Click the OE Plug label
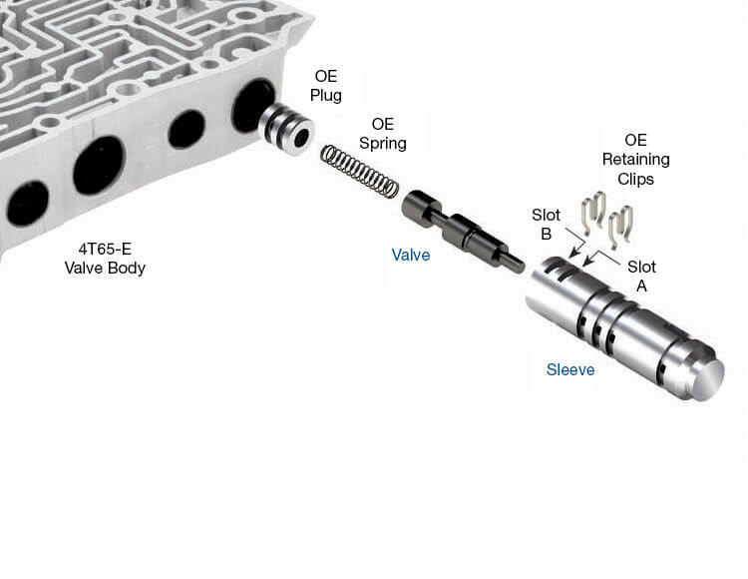pos(326,86)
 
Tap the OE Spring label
pos(383,134)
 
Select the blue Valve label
pos(411,255)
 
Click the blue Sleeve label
pos(570,370)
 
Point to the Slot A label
pos(641,276)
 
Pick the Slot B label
pos(546,225)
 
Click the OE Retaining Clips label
pos(636,160)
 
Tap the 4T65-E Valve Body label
pos(105,259)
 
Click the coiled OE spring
pos(359,171)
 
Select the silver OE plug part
pos(286,129)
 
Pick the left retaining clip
pos(593,212)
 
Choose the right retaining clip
pos(620,228)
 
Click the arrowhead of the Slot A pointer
pos(588,263)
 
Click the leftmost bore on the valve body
pos(27,204)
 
